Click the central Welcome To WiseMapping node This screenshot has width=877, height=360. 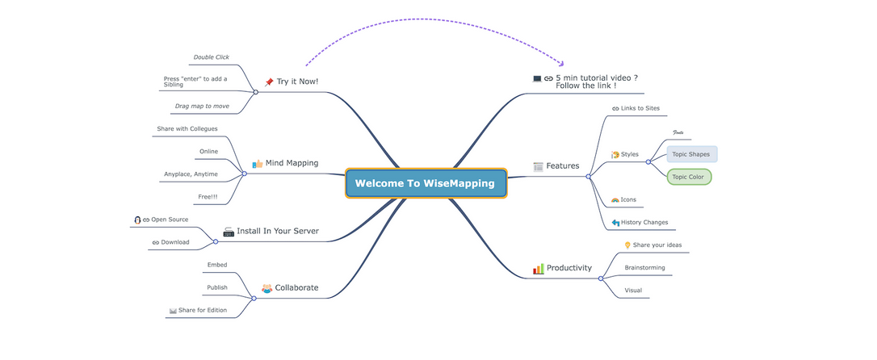pos(425,183)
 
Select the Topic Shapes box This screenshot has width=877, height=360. pos(691,154)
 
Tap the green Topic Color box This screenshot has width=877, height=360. pos(689,177)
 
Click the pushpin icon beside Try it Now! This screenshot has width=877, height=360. pos(269,82)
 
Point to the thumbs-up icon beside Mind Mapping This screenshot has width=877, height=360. pos(258,163)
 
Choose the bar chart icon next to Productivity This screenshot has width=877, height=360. pos(538,268)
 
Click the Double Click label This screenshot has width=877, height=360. pos(211,57)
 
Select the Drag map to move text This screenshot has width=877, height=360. pos(202,106)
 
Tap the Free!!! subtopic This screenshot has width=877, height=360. pos(208,196)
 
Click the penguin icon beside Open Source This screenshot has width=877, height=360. pos(137,220)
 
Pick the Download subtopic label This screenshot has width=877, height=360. pos(175,242)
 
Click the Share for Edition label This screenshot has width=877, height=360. pos(203,310)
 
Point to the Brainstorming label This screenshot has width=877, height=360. pos(644,267)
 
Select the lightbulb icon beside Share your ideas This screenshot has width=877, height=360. pos(627,245)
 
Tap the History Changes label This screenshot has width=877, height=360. pos(644,222)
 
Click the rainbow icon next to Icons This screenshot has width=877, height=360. pos(615,199)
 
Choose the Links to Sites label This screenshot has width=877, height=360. pos(640,108)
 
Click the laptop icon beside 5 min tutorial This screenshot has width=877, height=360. pos(537,78)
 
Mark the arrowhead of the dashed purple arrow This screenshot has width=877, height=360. pos(562,63)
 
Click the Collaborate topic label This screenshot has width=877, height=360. pos(296,287)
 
